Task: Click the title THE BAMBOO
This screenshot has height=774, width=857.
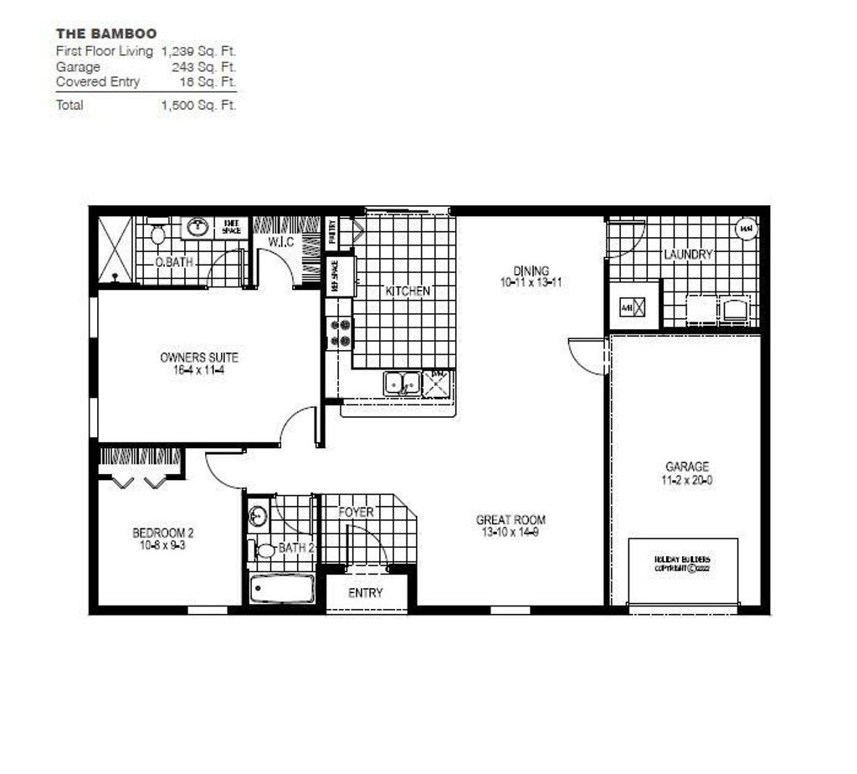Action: (106, 34)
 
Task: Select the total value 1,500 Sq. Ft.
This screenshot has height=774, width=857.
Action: (198, 106)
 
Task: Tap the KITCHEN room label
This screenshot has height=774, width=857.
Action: (408, 291)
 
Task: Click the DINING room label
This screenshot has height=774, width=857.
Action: (531, 271)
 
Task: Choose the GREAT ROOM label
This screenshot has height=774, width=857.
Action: (511, 520)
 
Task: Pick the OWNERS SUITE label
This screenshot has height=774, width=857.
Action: (199, 358)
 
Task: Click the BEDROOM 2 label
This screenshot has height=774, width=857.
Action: (163, 533)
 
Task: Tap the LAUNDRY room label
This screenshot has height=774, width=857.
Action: (688, 254)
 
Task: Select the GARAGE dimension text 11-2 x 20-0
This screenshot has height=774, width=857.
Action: (687, 481)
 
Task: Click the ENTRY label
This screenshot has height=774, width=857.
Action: (366, 593)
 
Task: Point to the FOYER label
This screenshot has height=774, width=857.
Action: (356, 512)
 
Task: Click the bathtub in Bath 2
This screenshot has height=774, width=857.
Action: (282, 588)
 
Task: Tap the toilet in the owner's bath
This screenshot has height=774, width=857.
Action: (158, 234)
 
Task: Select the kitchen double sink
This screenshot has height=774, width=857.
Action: (403, 384)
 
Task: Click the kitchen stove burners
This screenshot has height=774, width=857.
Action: (339, 332)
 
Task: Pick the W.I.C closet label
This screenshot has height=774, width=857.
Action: (280, 243)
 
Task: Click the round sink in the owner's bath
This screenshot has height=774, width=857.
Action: (198, 226)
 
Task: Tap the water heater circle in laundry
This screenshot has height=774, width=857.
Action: (745, 228)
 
